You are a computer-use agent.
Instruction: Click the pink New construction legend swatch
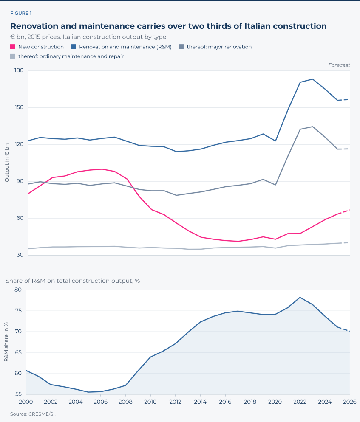click(x=13, y=47)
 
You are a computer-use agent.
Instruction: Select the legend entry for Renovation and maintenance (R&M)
click(x=121, y=47)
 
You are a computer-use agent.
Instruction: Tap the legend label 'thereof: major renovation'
click(x=219, y=47)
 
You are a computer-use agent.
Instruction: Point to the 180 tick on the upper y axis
click(x=19, y=70)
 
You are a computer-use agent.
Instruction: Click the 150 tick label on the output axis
click(x=19, y=107)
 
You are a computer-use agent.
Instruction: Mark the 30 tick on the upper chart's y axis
click(x=20, y=255)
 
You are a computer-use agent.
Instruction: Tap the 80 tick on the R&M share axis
click(x=18, y=290)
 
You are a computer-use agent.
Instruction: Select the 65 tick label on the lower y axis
click(x=18, y=352)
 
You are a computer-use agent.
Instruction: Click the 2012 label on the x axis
click(x=175, y=402)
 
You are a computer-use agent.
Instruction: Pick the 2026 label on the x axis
click(x=350, y=402)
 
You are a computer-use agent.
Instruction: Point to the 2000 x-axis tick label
click(x=26, y=402)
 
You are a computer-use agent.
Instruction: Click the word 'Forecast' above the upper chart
click(x=339, y=65)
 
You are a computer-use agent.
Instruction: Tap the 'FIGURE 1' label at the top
click(x=21, y=14)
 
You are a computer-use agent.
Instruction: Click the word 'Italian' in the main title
click(x=257, y=26)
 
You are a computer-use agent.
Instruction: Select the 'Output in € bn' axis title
click(x=7, y=163)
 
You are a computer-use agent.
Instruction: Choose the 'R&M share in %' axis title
click(x=6, y=342)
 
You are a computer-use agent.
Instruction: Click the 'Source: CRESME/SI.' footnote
click(x=33, y=414)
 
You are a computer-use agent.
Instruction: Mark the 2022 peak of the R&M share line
click(x=300, y=297)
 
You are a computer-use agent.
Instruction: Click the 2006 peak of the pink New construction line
click(x=102, y=169)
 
